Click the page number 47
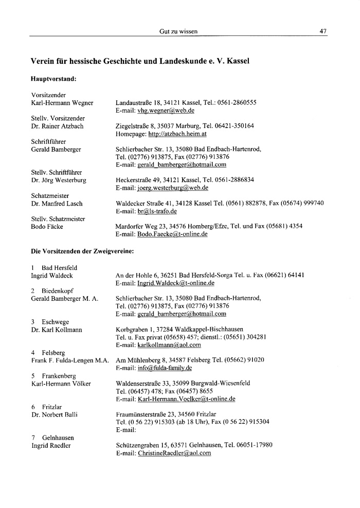pos(323,31)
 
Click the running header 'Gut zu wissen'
pos(179,31)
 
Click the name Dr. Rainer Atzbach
pos(58,126)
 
